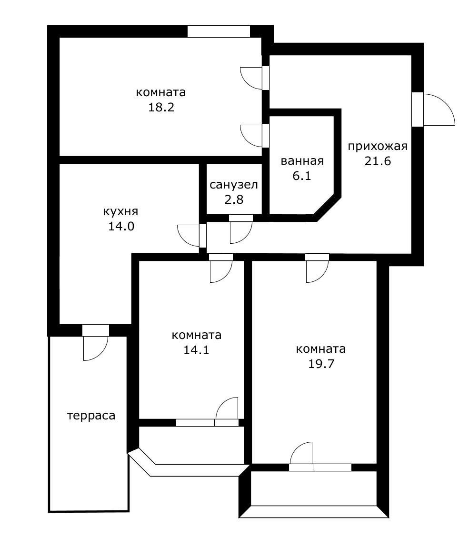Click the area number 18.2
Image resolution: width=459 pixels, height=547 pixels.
[161, 107]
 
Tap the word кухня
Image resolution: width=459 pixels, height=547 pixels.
[121, 211]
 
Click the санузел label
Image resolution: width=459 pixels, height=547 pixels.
[234, 185]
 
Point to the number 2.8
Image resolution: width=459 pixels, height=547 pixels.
[234, 199]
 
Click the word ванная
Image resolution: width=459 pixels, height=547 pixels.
[302, 161]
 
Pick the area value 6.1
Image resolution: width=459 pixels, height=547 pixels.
[302, 176]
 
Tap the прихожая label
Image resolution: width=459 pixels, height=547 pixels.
[378, 146]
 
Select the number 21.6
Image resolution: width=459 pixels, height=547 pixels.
[378, 161]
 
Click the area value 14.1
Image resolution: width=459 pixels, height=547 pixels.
[196, 350]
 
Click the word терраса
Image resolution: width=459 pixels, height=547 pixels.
[91, 416]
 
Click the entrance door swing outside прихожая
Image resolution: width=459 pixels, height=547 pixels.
[436, 110]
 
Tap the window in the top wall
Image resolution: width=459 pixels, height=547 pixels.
[219, 31]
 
